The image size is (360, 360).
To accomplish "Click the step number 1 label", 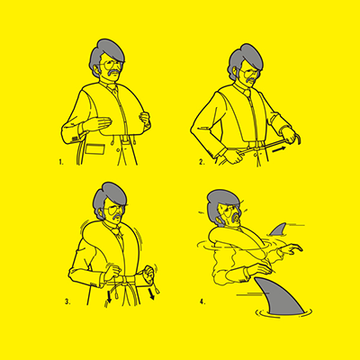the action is tap(61, 162).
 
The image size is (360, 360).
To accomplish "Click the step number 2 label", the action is tap(202, 162).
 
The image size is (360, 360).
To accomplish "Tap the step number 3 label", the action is tap(67, 301).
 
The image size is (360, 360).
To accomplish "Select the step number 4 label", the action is tap(202, 301).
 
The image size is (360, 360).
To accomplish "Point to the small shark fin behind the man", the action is tap(278, 229).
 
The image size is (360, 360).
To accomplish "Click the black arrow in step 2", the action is tap(279, 149).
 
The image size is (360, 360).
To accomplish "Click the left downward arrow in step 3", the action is tap(110, 298).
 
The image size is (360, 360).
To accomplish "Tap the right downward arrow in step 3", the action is tap(151, 294).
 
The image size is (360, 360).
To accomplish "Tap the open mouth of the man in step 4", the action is tap(237, 219).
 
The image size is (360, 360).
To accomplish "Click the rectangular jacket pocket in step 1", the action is tap(95, 149).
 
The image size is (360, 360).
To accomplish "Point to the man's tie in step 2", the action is tap(247, 94).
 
